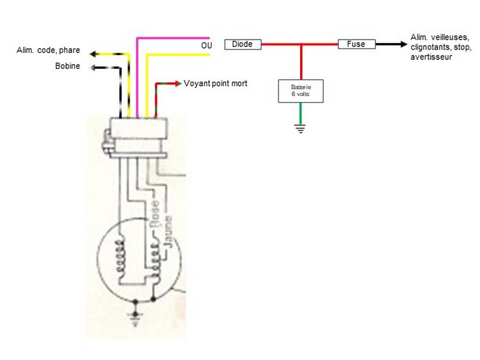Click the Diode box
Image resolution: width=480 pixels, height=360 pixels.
tap(243, 44)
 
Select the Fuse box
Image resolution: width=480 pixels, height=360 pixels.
tap(356, 44)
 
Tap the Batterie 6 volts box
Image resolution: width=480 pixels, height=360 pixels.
tap(301, 91)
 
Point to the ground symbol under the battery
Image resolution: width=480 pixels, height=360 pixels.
tap(301, 128)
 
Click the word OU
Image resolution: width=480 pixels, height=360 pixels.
tap(206, 46)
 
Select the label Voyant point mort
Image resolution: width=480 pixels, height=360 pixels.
tap(215, 83)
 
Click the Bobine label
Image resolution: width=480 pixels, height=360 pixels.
tap(67, 66)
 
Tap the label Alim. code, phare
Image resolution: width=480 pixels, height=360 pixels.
tap(49, 50)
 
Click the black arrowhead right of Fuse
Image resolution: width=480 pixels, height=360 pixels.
tap(403, 44)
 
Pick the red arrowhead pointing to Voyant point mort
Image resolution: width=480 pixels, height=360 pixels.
tap(178, 83)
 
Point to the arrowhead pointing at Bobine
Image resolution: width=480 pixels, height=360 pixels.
tap(93, 67)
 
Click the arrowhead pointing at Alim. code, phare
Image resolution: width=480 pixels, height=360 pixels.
tap(93, 54)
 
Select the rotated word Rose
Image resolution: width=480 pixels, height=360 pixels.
tap(154, 214)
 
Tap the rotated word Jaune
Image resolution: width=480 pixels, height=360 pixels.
tap(168, 232)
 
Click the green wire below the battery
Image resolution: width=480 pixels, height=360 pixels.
tap(301, 113)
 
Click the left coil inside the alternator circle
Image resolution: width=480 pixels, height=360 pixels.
tap(120, 257)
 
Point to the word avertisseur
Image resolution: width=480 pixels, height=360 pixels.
tap(431, 57)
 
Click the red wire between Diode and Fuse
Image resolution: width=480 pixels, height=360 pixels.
tap(299, 44)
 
